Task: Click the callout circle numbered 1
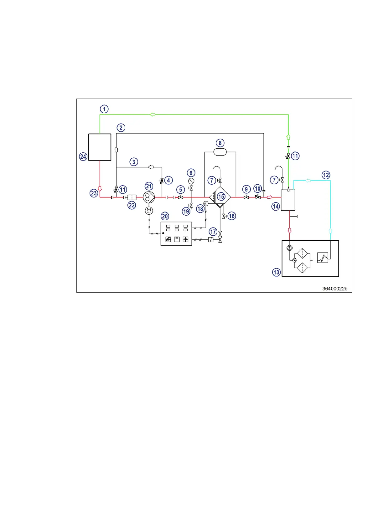[x=104, y=109]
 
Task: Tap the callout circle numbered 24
[x=83, y=156]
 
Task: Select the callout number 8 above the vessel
[x=220, y=143]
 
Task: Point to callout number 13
[x=276, y=272]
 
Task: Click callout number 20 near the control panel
[x=165, y=216]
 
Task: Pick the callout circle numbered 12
[x=326, y=175]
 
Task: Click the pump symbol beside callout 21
[x=149, y=197]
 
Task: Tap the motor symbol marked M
[x=149, y=211]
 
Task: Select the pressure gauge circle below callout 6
[x=191, y=181]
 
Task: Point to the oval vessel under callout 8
[x=220, y=152]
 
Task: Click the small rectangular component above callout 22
[x=132, y=197]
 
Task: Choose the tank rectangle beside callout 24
[x=100, y=147]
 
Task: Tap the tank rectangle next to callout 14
[x=288, y=200]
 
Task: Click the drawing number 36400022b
[x=334, y=289]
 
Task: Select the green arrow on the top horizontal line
[x=153, y=115]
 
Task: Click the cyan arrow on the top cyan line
[x=308, y=181]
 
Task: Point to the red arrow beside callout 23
[x=100, y=189]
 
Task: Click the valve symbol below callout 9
[x=246, y=197]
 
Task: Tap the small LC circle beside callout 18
[x=206, y=204]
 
